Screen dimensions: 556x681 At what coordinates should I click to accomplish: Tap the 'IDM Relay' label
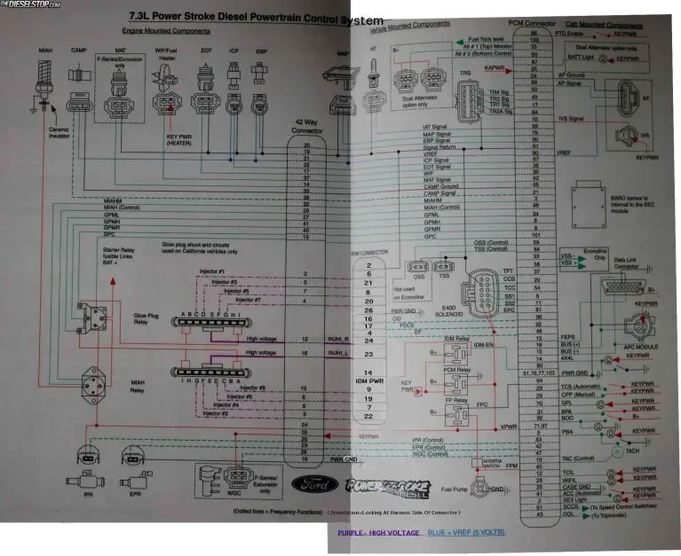click(456, 339)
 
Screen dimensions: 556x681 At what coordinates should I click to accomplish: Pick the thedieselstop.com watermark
click(27, 4)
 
